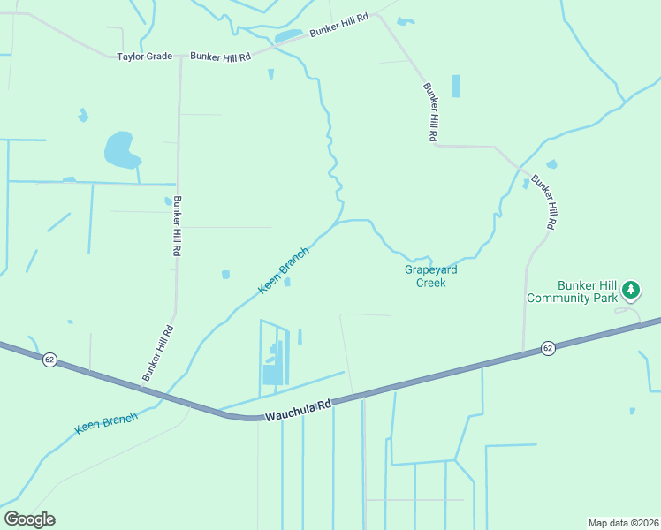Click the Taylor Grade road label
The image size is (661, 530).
coord(145,57)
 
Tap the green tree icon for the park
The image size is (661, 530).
coord(630,289)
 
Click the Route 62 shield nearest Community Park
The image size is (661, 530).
coord(548,348)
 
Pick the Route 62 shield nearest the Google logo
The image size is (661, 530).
coord(49,360)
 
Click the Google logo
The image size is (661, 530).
coord(29,519)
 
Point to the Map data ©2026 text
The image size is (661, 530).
coord(622,522)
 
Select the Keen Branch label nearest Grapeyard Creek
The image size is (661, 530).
coord(284,270)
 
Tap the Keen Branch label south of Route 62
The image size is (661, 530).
coord(106,423)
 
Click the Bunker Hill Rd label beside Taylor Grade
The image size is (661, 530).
coord(220,57)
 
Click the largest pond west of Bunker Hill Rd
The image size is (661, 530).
coord(121,150)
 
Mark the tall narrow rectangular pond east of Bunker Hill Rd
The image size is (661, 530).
coord(456,86)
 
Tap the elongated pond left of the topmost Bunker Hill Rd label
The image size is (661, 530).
coord(288,36)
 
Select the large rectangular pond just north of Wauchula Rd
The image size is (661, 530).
coord(273,375)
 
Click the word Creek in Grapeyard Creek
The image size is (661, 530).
coord(431,283)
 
